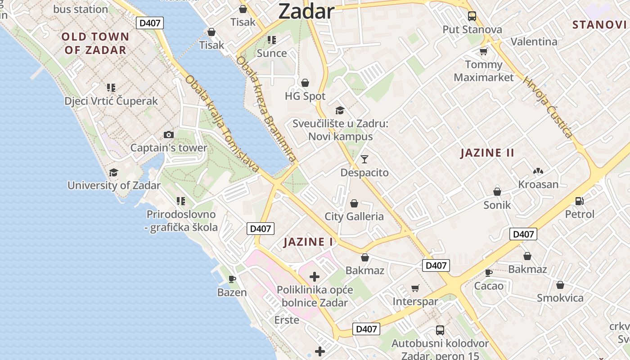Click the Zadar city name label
[x=306, y=11]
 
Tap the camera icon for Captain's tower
[x=169, y=135]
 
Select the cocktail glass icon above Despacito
[x=364, y=159]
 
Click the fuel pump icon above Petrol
[x=580, y=201]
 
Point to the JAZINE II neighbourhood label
[x=487, y=153]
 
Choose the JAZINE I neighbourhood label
[x=309, y=242]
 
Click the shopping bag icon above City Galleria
[x=354, y=203]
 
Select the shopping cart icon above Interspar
[x=415, y=288]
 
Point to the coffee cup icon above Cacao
[x=489, y=272]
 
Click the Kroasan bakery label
[x=538, y=184]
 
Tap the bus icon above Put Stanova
[x=472, y=16]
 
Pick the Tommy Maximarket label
[x=484, y=71]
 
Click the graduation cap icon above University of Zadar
[x=113, y=172]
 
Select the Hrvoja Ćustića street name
[x=547, y=107]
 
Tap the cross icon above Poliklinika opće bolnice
[x=315, y=277]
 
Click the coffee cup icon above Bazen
[x=232, y=279]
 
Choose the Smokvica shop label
[x=560, y=298]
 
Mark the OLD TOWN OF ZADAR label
[x=95, y=43]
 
